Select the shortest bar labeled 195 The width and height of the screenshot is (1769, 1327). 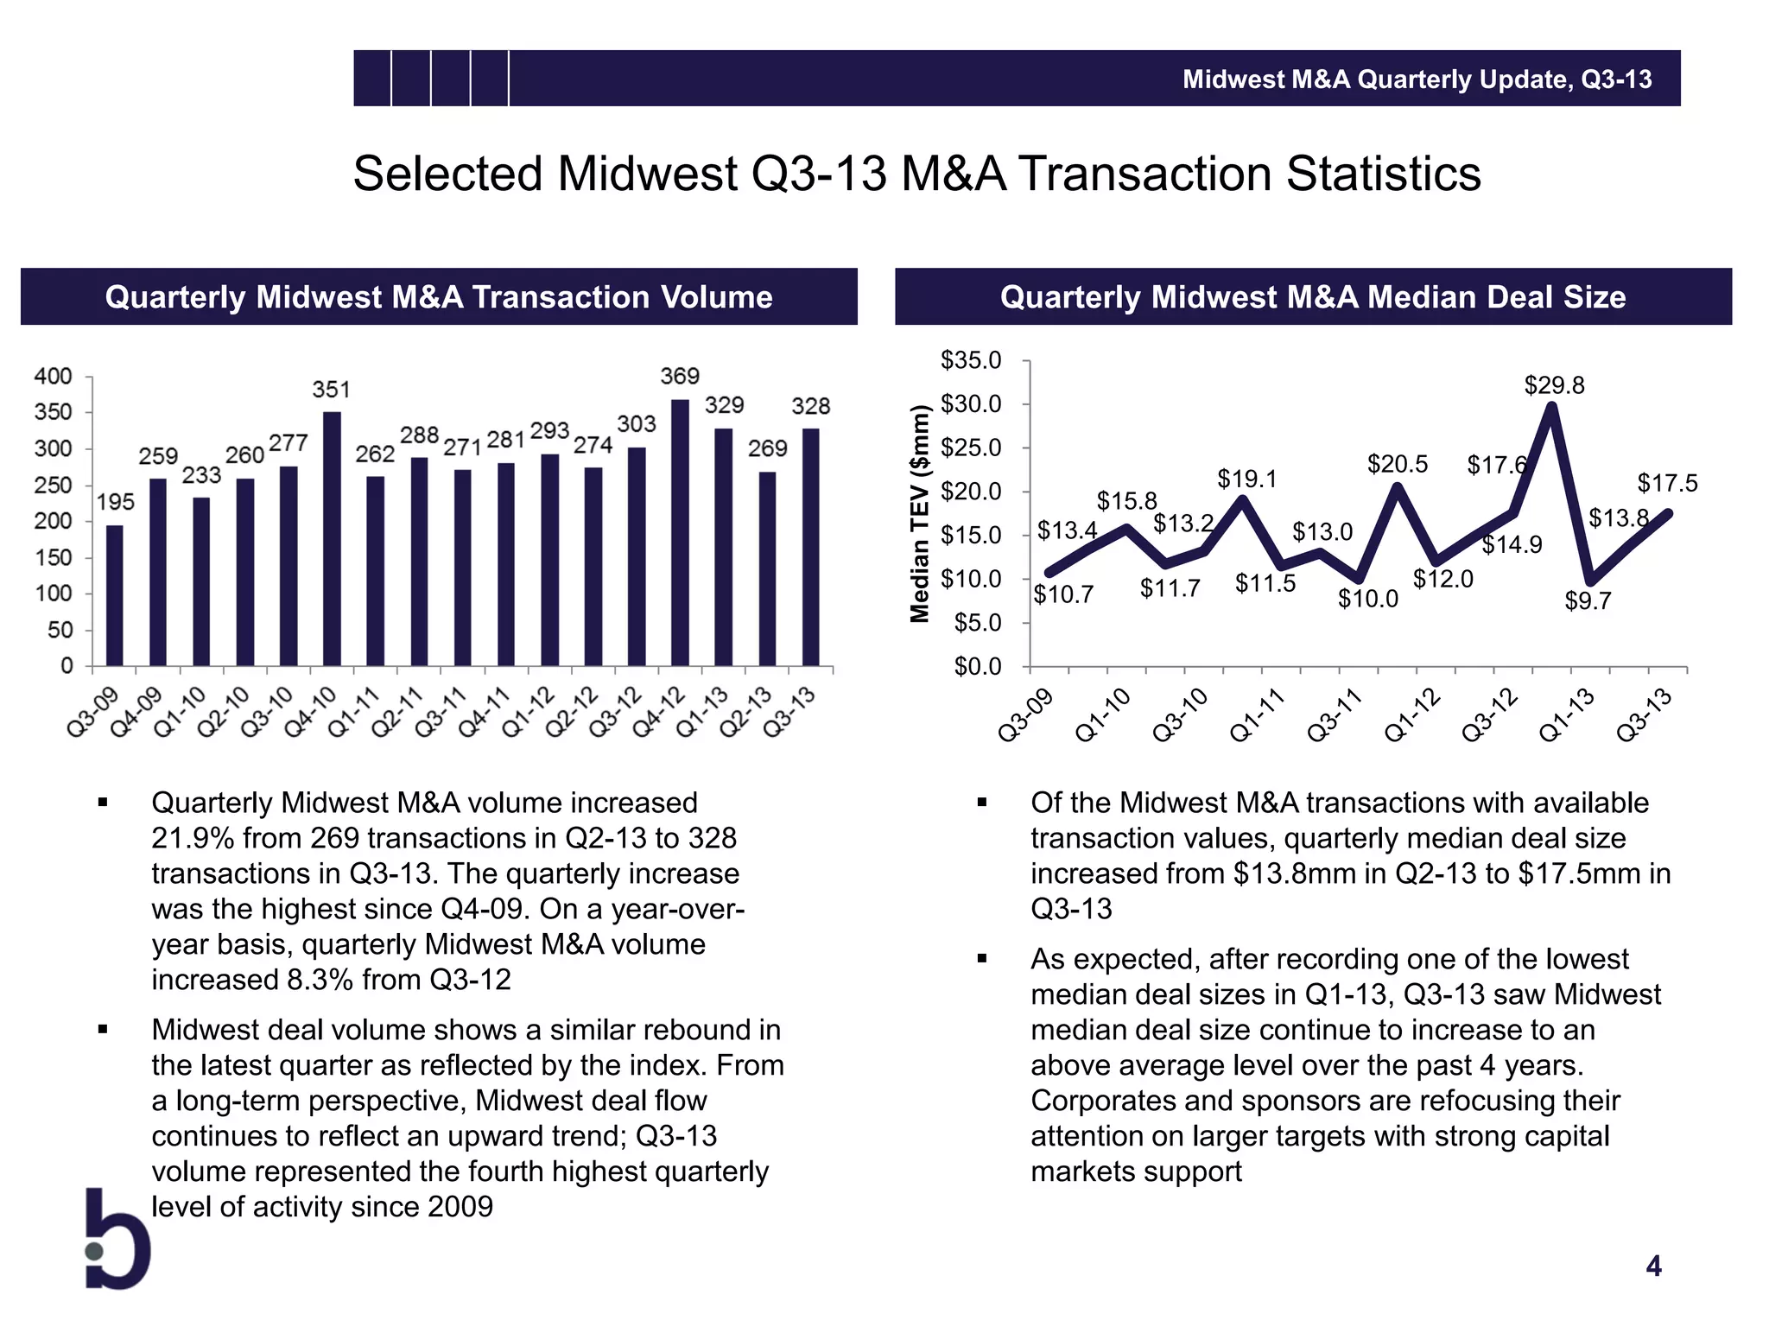(x=115, y=595)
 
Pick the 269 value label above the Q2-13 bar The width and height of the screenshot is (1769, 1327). (x=767, y=448)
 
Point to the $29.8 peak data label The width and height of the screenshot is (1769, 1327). (x=1554, y=385)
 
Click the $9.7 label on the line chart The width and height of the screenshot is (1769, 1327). (x=1588, y=601)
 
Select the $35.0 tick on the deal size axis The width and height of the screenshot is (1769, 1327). (x=971, y=360)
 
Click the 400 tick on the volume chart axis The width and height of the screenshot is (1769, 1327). (x=53, y=377)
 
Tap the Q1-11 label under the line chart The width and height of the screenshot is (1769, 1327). (x=1257, y=716)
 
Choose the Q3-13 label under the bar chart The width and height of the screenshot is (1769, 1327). (x=789, y=712)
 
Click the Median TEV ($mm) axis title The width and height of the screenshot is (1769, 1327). (x=921, y=514)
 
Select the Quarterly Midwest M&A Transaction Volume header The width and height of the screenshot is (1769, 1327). (x=439, y=297)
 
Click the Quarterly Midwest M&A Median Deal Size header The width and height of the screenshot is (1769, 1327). (x=1313, y=297)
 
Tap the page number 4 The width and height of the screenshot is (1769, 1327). (x=1653, y=1267)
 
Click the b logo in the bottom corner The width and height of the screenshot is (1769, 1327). (x=118, y=1241)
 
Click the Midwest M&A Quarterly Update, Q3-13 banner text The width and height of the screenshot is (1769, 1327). (x=1417, y=79)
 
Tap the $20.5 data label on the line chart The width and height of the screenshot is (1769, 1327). (x=1397, y=465)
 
